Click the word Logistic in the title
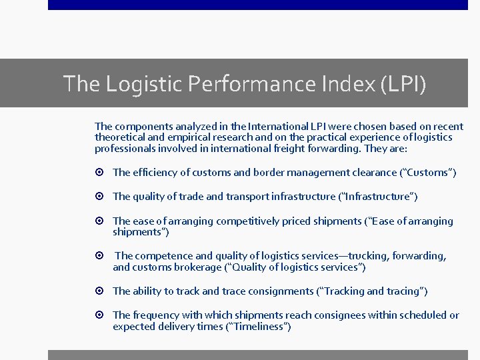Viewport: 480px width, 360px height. [x=143, y=84]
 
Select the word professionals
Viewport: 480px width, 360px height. [x=123, y=148]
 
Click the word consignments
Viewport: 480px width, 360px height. [x=279, y=291]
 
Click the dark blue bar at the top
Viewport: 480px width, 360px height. [x=257, y=5]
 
